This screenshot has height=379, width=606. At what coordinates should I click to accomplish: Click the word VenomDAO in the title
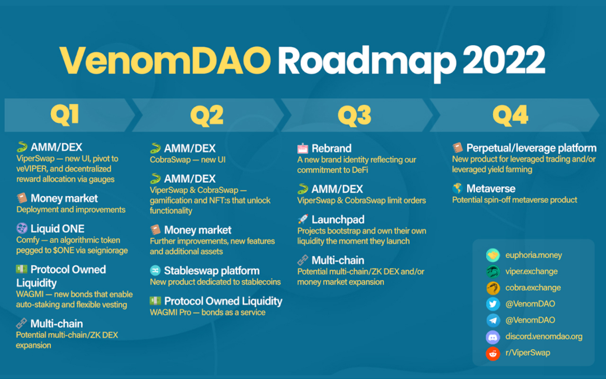(165, 60)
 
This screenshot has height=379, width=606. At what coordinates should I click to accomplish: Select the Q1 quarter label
(65, 115)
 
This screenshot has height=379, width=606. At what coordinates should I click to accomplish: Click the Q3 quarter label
(355, 116)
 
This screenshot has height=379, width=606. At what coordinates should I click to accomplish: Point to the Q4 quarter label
(510, 116)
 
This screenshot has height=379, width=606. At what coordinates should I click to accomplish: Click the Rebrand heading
(331, 148)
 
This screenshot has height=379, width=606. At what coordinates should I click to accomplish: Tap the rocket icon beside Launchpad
(303, 219)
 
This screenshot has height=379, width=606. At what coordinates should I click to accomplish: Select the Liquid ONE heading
(57, 229)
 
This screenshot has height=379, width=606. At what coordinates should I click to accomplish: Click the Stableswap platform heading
(212, 271)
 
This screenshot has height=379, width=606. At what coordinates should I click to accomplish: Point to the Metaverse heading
(491, 189)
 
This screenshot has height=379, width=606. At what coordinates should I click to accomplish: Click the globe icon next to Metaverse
(457, 188)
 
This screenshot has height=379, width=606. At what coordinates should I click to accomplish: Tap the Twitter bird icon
(493, 304)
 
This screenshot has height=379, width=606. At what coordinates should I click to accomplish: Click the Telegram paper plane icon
(493, 320)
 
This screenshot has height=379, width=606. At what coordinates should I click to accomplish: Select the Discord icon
(493, 337)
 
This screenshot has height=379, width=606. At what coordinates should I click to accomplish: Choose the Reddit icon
(493, 353)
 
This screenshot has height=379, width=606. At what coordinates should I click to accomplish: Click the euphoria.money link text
(534, 255)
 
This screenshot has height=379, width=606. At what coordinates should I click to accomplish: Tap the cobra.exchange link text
(533, 288)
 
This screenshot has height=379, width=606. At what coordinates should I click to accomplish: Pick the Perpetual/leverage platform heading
(531, 148)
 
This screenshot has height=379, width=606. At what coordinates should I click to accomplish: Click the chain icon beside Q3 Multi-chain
(303, 260)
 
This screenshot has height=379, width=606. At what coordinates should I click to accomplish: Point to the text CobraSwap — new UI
(187, 160)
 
